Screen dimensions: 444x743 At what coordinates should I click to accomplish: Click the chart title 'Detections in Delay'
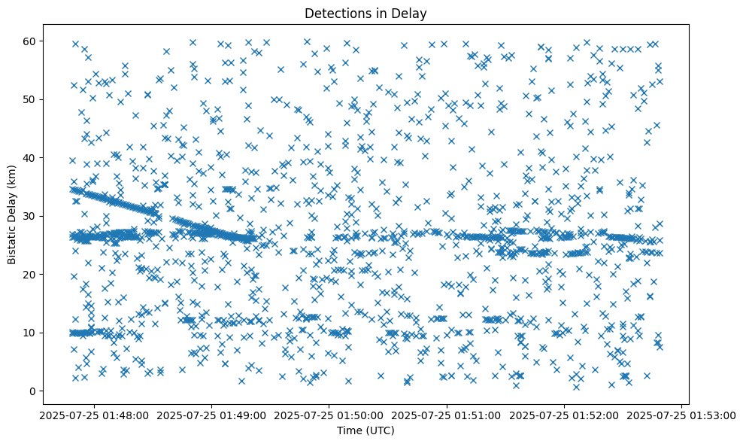click(x=372, y=14)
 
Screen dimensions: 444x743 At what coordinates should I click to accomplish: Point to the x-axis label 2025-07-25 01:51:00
click(x=447, y=415)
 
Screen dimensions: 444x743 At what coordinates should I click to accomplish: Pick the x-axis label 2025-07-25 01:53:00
click(x=682, y=415)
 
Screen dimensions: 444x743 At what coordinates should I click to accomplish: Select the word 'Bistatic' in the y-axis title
click(x=12, y=242)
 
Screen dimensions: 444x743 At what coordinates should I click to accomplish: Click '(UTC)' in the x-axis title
click(x=383, y=430)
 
